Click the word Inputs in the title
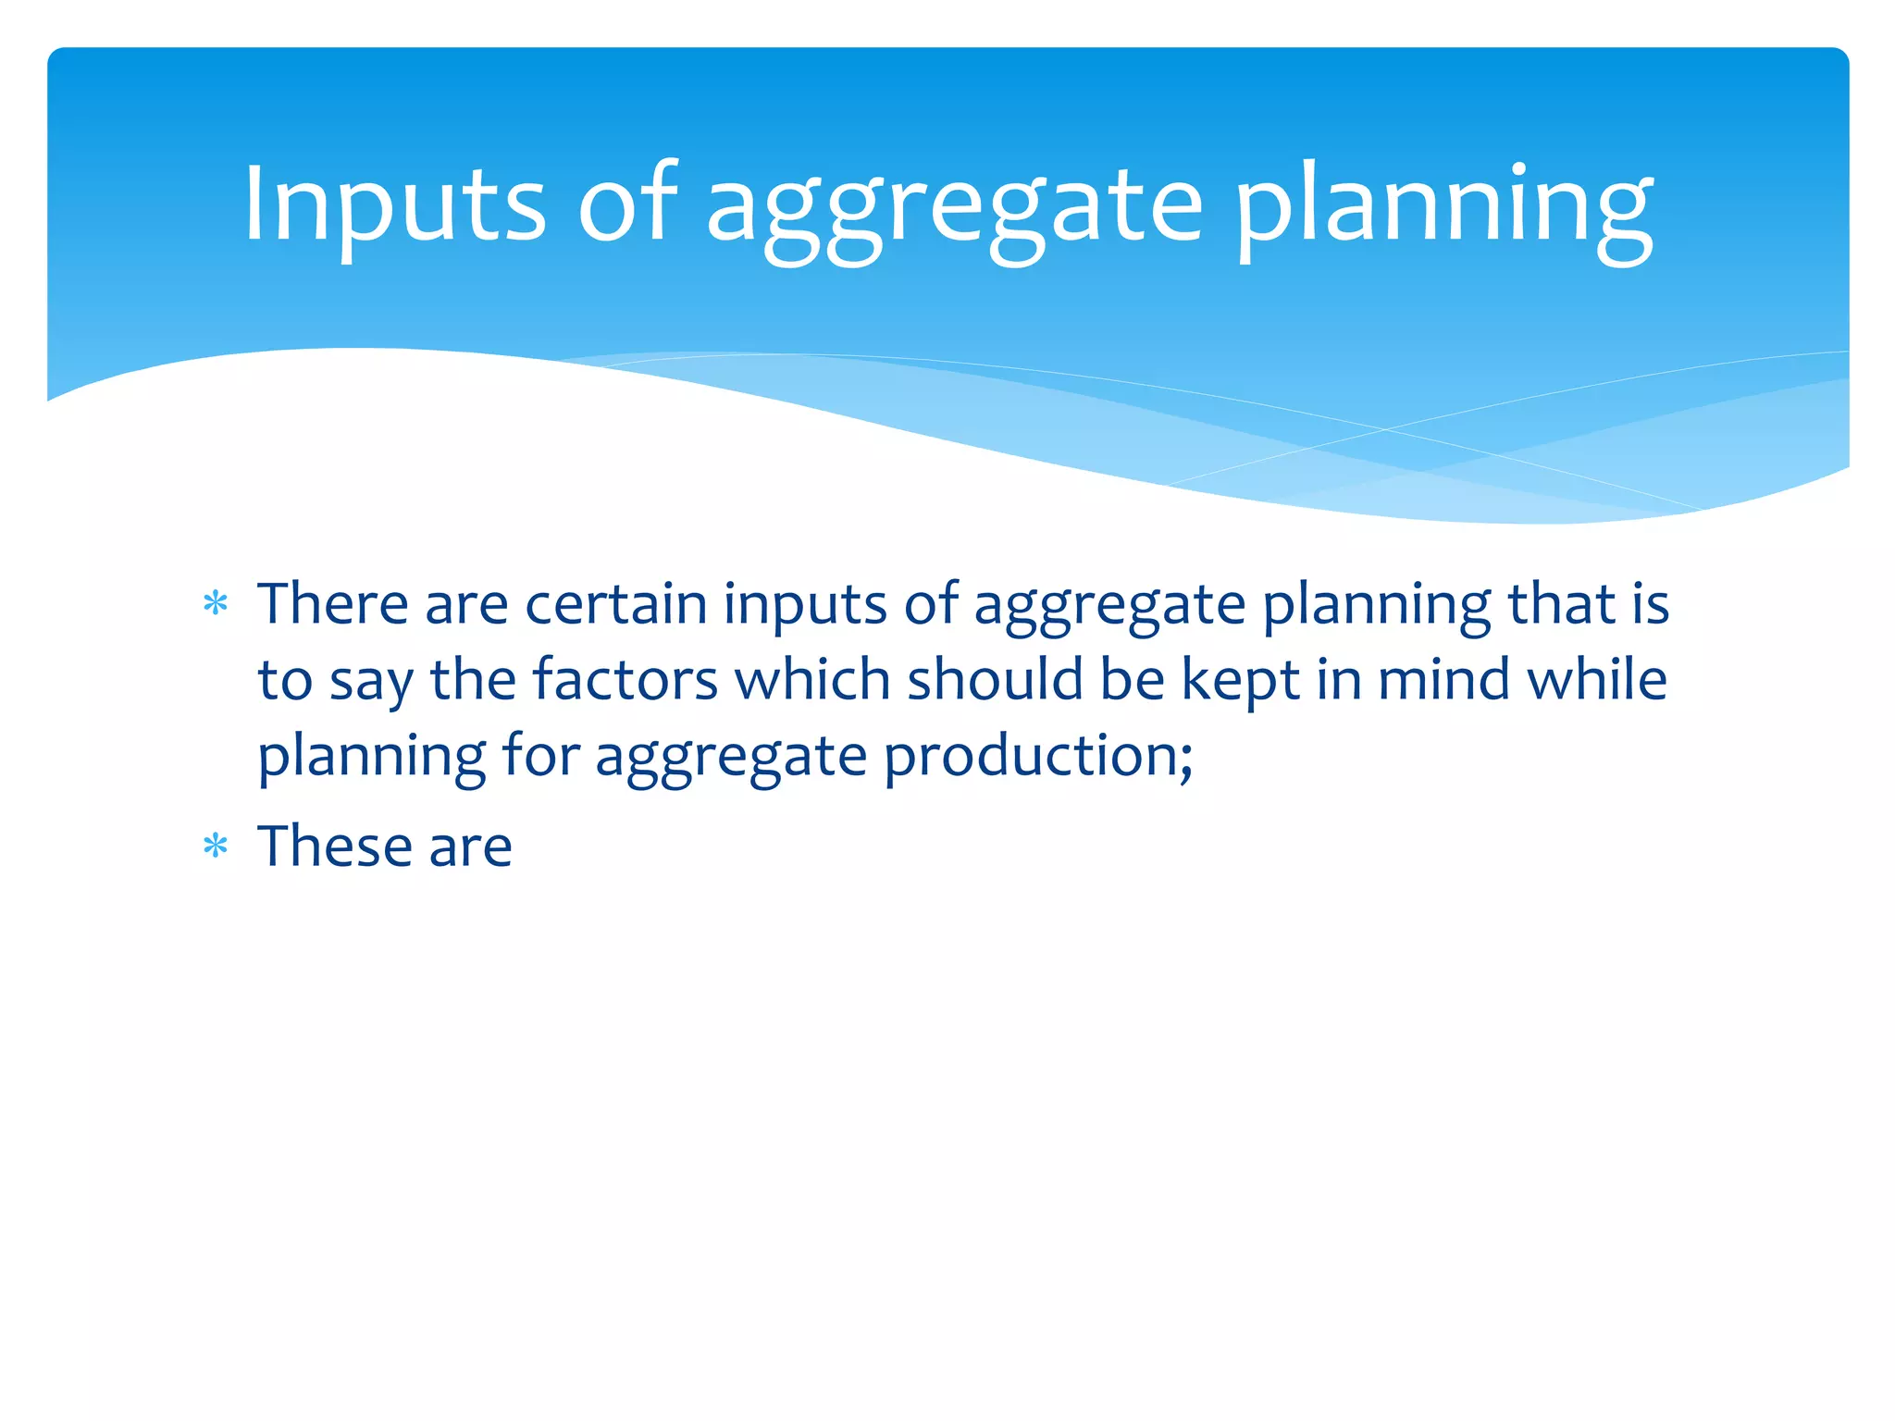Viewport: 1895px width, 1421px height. click(394, 205)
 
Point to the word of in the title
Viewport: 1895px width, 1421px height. click(628, 205)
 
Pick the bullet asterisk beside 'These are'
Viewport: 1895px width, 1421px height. click(216, 846)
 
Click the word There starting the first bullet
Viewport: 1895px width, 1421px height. click(332, 604)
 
